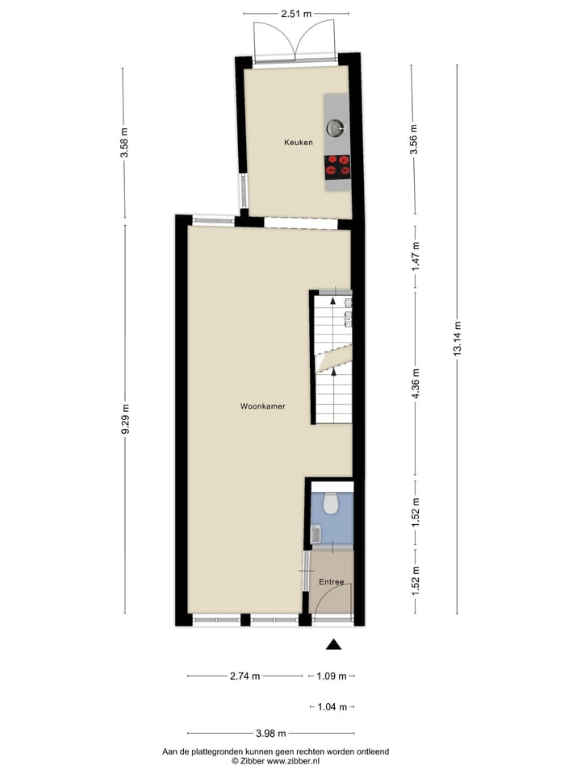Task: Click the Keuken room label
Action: (298, 143)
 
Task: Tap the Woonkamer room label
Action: (262, 406)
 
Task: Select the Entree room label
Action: (331, 582)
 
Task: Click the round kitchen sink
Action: (334, 127)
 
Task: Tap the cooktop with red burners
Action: (337, 165)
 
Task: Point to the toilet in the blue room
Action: (329, 504)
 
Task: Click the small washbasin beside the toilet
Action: (316, 533)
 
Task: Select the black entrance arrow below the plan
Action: (333, 643)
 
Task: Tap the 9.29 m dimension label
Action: (124, 419)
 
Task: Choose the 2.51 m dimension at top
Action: (296, 14)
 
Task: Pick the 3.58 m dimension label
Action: (123, 144)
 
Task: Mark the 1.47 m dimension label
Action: (416, 256)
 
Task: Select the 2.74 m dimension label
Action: (245, 676)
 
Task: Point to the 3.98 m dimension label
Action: (270, 734)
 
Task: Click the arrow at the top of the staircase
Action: (334, 300)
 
